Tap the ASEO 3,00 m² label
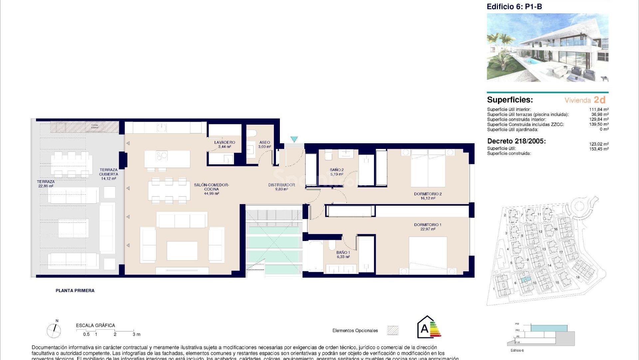(265, 144)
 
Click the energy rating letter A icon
(425, 329)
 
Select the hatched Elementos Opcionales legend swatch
(393, 330)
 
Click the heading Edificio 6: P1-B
(514, 7)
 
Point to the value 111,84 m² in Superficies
(599, 109)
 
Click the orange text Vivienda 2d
(585, 100)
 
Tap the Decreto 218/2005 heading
(516, 141)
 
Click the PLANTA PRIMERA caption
(75, 291)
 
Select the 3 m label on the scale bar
(136, 334)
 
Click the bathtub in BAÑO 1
(315, 257)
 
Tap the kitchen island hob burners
(162, 156)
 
